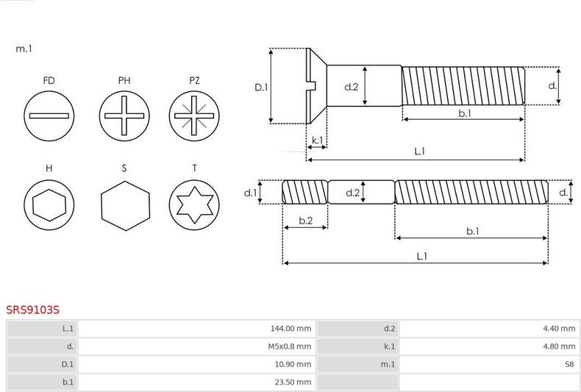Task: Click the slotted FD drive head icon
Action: coord(49,116)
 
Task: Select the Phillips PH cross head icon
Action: coord(124,116)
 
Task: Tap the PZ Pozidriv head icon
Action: coord(194,116)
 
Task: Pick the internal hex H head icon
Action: coord(49,205)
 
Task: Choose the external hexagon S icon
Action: coord(126,206)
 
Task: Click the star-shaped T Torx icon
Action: coord(194,205)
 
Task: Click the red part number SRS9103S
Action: coord(32,310)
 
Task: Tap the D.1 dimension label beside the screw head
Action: coord(261,88)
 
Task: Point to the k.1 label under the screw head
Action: coord(317,140)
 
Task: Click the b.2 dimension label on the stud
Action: coord(306,221)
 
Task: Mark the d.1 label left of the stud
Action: coord(251,193)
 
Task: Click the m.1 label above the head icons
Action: coord(24,49)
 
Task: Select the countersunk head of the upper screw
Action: coord(316,86)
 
